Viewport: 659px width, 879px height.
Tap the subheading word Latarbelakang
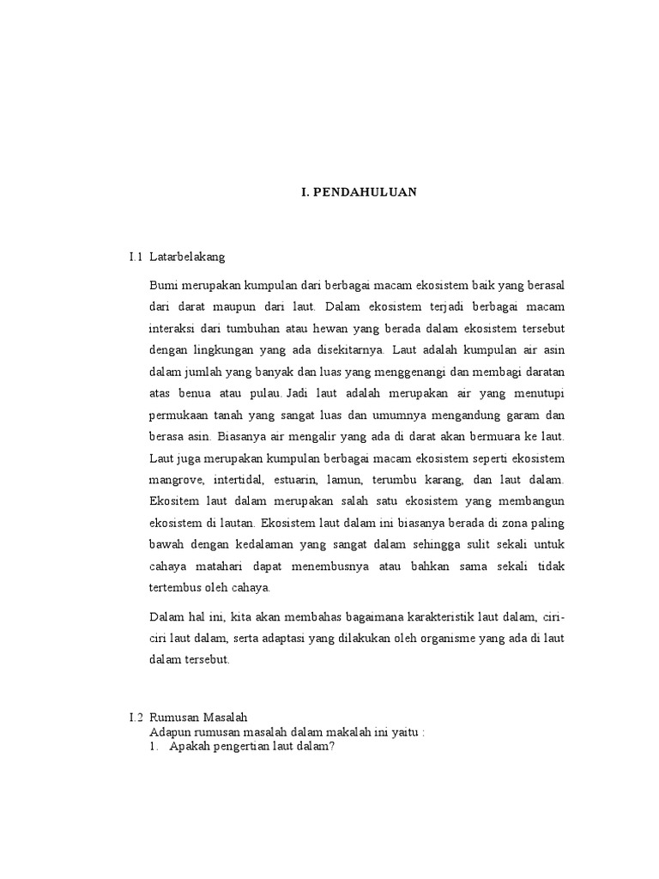(x=186, y=256)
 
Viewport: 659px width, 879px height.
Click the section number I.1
(x=136, y=256)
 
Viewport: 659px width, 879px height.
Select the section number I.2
(x=136, y=717)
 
